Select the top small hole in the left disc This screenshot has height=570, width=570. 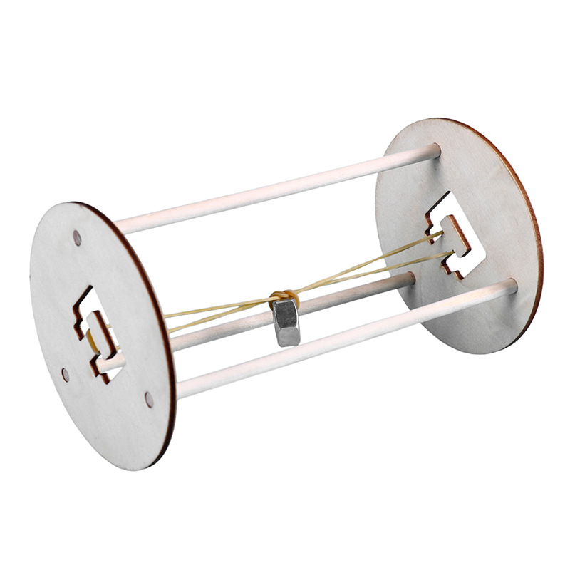tap(77, 236)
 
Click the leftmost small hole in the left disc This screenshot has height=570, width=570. tap(65, 373)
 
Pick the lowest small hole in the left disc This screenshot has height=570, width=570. tap(149, 399)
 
